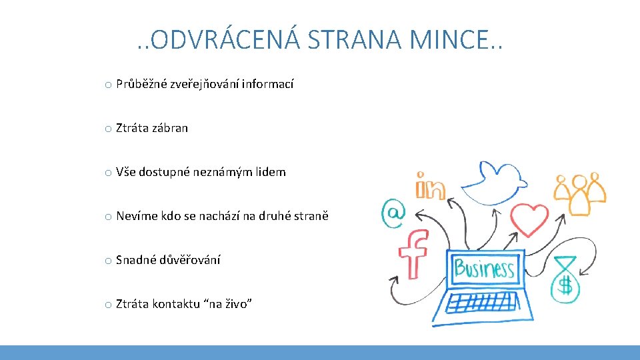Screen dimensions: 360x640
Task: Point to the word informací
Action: (267, 84)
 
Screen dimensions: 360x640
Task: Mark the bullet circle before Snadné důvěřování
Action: (107, 261)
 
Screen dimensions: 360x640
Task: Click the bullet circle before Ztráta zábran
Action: (107, 129)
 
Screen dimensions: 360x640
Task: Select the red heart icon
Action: (529, 219)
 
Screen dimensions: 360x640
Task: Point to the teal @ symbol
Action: (393, 213)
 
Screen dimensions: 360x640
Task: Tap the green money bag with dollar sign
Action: (565, 279)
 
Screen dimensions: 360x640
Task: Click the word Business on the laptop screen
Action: (484, 269)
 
